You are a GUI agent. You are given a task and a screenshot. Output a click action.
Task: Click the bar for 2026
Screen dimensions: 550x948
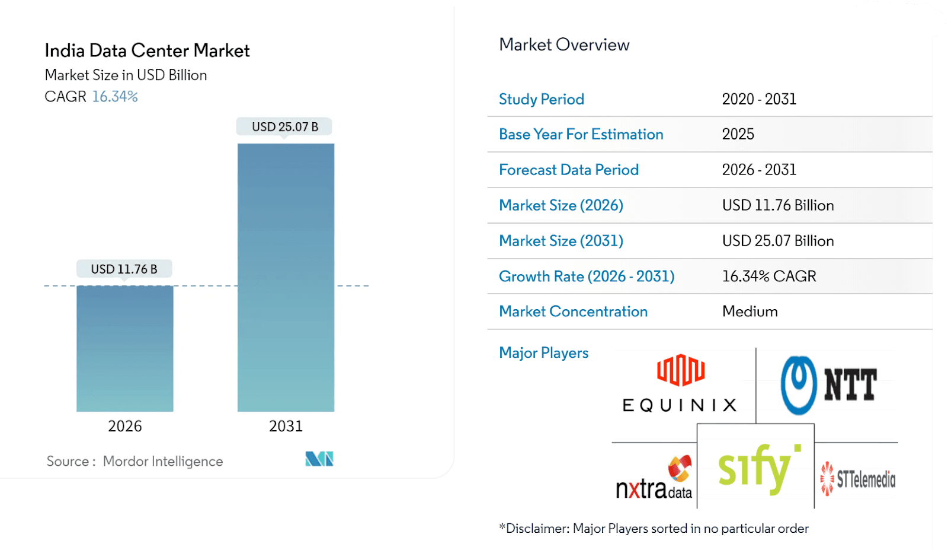pos(124,348)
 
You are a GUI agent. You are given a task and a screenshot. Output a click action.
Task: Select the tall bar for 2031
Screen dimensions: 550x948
pos(286,277)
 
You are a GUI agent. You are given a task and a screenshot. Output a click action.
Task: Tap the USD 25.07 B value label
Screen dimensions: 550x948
pos(285,127)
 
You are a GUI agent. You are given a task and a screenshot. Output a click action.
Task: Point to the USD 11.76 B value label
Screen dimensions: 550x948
pos(124,269)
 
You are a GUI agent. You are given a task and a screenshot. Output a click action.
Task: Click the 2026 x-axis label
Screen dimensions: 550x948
pos(124,426)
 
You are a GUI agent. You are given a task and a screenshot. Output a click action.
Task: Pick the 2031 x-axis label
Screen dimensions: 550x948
pos(286,426)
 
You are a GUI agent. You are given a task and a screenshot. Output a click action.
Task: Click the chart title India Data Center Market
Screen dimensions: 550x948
pos(147,51)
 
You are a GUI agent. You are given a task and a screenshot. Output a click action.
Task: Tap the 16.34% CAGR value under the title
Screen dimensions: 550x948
pos(115,97)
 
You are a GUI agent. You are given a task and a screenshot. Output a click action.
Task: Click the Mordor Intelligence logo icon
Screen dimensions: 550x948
pos(319,459)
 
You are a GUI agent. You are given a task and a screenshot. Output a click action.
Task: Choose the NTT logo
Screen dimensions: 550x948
pos(828,384)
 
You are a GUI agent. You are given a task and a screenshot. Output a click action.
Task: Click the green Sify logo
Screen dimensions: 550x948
pos(758,468)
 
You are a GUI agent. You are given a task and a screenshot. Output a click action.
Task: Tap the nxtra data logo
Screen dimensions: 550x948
pos(654,479)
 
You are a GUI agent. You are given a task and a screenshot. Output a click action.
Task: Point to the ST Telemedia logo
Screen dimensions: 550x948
pos(857,479)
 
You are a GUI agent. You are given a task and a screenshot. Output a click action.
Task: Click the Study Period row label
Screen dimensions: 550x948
pos(542,99)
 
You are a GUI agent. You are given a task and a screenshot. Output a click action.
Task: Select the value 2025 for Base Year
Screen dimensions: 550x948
pos(738,134)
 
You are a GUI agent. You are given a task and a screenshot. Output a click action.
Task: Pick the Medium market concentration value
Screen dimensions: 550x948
pos(750,311)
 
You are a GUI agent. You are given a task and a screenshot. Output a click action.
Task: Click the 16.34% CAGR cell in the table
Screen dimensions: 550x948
pos(768,276)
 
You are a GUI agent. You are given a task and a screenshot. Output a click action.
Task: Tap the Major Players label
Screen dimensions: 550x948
pos(543,353)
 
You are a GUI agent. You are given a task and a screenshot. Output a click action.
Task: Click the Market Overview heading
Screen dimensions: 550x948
pos(564,45)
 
